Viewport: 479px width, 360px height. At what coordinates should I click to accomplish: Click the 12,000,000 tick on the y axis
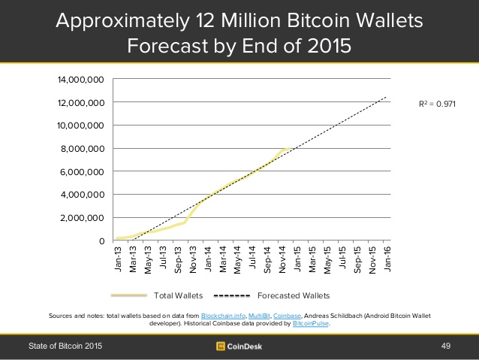tap(78, 102)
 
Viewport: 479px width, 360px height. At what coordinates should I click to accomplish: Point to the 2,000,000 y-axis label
tap(81, 218)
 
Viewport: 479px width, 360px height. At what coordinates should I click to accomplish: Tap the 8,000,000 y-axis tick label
tap(81, 149)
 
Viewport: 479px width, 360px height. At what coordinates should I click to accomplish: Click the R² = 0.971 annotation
tap(437, 104)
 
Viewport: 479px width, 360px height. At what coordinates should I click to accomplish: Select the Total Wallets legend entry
tap(174, 295)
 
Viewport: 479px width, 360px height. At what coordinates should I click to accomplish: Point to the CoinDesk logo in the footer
tap(239, 346)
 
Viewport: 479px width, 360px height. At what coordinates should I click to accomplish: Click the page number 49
tap(444, 346)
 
